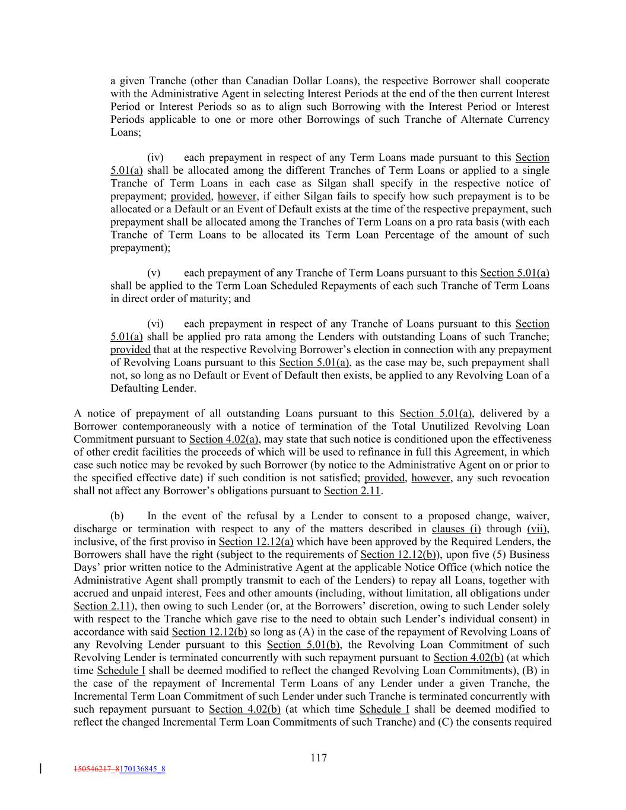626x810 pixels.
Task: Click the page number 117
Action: coord(318,758)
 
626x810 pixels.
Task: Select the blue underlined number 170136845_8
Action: coord(142,770)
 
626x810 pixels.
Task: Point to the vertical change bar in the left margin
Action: coord(40,769)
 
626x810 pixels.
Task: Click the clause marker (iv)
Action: coord(155,157)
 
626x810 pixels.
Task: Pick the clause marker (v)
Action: coord(154,273)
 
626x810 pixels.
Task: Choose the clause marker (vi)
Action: coord(155,324)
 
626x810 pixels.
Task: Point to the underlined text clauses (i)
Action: coord(456,529)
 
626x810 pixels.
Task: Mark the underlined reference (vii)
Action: coord(538,529)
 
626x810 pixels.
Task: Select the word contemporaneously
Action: coord(151,427)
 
